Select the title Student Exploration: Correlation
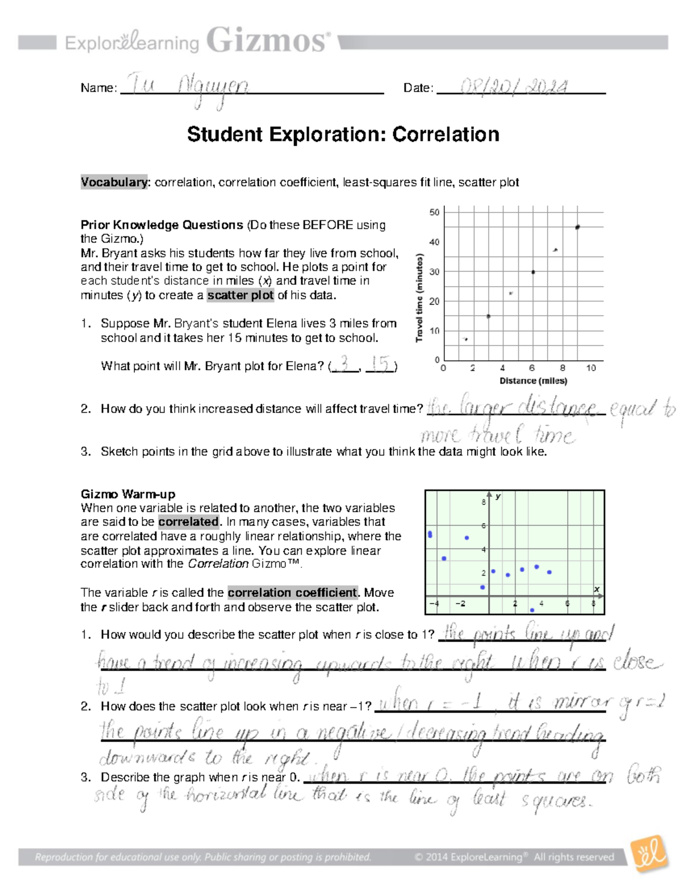(x=343, y=134)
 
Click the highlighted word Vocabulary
(x=114, y=182)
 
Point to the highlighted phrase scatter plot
(x=240, y=295)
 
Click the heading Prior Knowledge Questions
(x=162, y=225)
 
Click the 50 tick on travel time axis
(x=434, y=212)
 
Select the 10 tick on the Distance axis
(x=591, y=368)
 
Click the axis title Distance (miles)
(x=533, y=381)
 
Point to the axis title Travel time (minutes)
(x=420, y=298)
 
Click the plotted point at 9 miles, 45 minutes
(x=577, y=227)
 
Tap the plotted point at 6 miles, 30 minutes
(x=533, y=272)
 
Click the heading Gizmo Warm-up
(x=127, y=494)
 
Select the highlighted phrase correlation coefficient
(x=292, y=592)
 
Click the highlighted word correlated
(x=189, y=521)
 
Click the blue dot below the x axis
(x=532, y=610)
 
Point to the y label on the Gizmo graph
(x=498, y=496)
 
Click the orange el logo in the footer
(x=649, y=854)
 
